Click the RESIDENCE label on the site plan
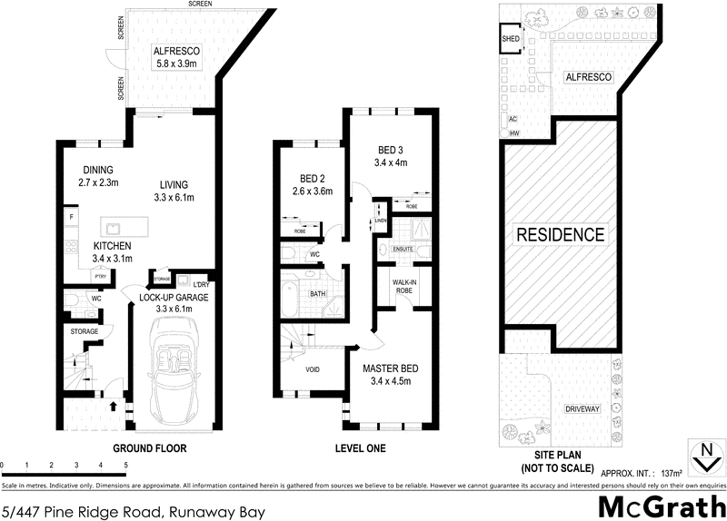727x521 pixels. coord(560,234)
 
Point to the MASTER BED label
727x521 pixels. coord(390,373)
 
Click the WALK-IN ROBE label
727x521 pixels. coord(404,287)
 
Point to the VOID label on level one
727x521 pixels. coord(312,370)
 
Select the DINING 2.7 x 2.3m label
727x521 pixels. coord(101,175)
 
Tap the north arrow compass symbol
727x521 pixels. coord(704,457)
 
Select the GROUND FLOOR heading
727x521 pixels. coord(149,448)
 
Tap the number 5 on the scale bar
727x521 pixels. coord(125,465)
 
